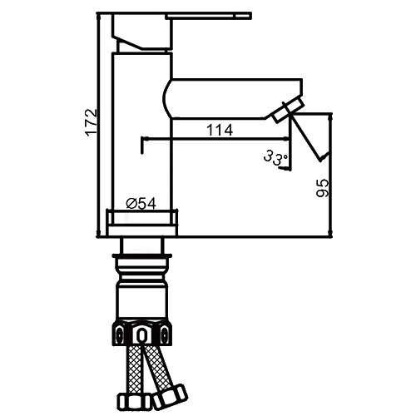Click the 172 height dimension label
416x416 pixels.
(92, 122)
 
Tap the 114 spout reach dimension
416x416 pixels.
(220, 130)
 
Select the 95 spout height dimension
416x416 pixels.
(323, 188)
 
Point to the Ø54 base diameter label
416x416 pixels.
(141, 204)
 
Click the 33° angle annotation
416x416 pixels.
(275, 158)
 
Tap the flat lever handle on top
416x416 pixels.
(208, 16)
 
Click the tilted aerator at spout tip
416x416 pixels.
(288, 111)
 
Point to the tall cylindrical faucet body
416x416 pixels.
(142, 131)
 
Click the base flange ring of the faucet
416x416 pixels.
(141, 223)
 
